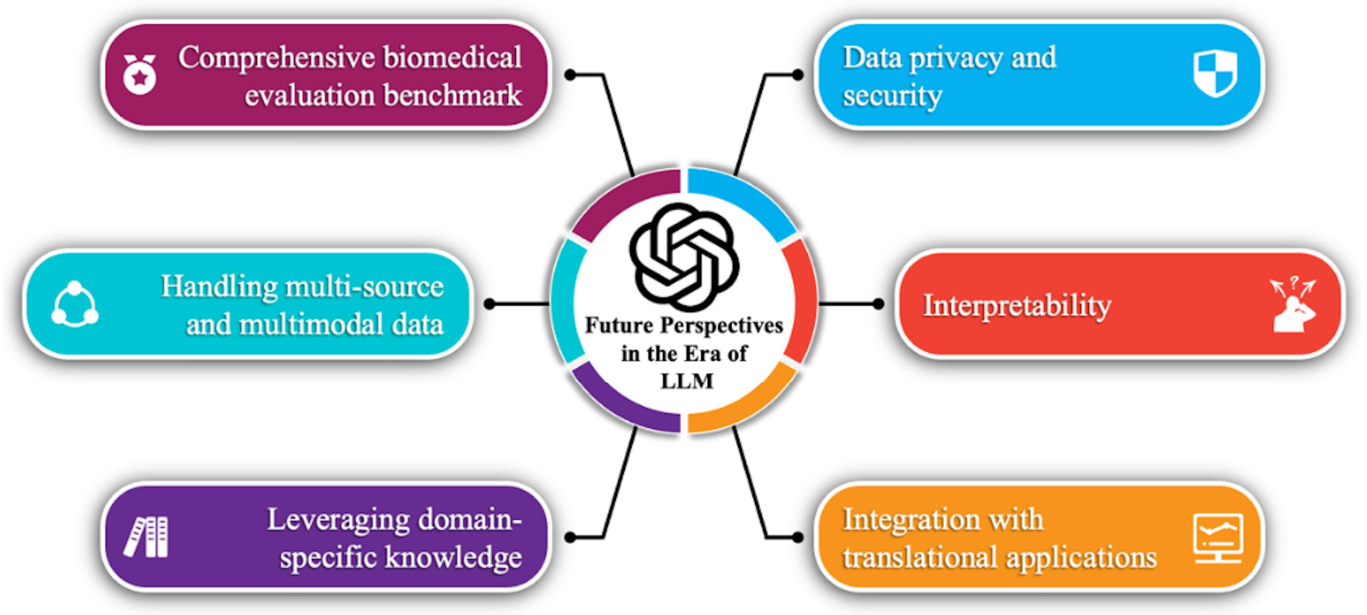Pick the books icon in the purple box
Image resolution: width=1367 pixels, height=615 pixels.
(x=146, y=537)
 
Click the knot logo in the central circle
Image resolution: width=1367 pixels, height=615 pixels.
(x=683, y=256)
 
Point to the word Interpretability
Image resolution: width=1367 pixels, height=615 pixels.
(x=1017, y=306)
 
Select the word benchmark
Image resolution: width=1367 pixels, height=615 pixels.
(x=453, y=95)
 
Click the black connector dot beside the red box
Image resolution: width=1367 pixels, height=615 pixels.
(x=878, y=304)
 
